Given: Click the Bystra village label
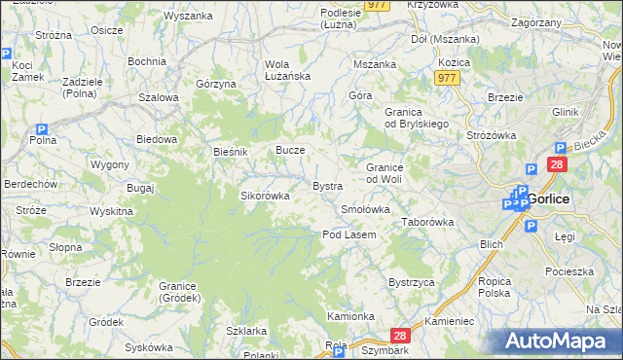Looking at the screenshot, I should (327, 186).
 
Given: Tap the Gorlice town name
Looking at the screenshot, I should (550, 199).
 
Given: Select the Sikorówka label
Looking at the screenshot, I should (265, 196).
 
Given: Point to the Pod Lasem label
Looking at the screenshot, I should (348, 234).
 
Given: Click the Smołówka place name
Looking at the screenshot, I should (365, 209).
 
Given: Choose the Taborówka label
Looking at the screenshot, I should (428, 222).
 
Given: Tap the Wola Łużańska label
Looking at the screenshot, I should (286, 71).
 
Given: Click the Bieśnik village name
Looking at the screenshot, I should (232, 153).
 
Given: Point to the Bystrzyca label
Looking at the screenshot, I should (411, 282).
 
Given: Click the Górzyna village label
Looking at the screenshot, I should (216, 85).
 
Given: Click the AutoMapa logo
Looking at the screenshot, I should (561, 342).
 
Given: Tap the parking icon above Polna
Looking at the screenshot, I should (42, 129).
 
